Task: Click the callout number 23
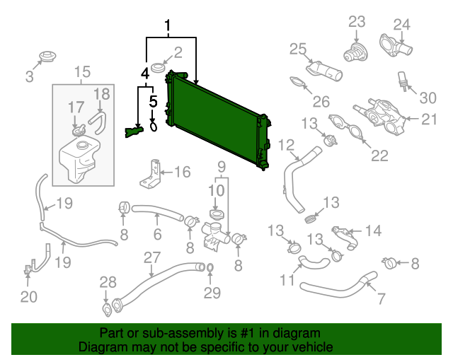pos(357,21)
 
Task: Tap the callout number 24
pos(401,24)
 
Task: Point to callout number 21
pos(430,119)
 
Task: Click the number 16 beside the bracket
pos(182,171)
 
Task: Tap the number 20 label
pos(28,297)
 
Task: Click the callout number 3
pos(29,77)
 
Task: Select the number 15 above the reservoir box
pos(82,71)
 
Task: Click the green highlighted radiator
pos(216,120)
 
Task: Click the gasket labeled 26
pos(301,85)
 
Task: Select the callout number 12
pos(286,146)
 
